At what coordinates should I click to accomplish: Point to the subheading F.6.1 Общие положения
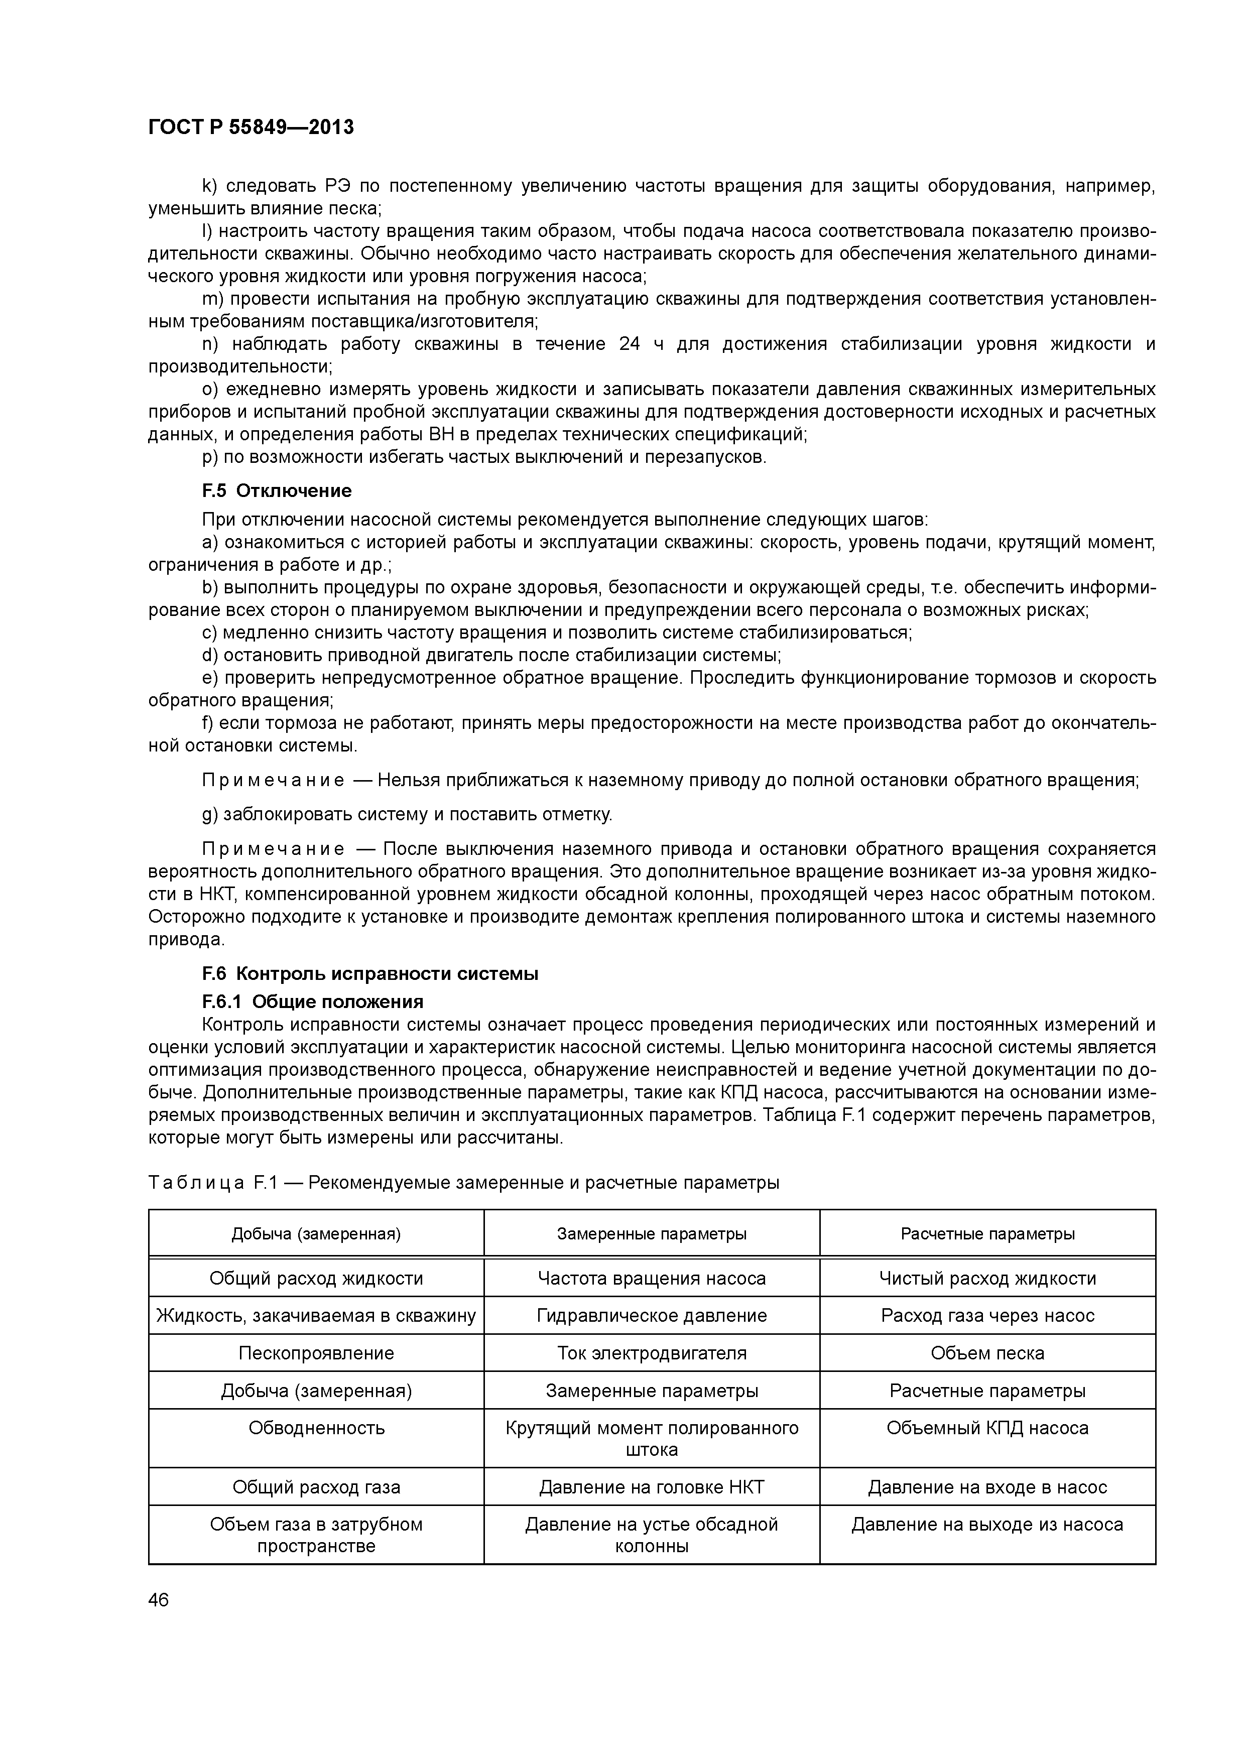click(312, 1001)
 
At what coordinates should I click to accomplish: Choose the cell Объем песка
click(987, 1353)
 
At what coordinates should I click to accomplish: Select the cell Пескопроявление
click(316, 1353)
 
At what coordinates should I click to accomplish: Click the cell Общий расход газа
click(316, 1487)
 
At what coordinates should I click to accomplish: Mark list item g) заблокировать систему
click(407, 814)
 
